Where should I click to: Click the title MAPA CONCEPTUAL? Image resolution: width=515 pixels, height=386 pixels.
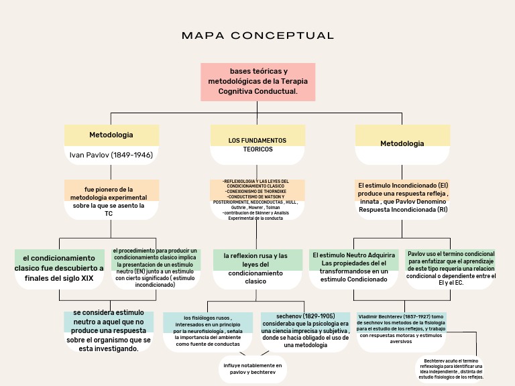click(257, 36)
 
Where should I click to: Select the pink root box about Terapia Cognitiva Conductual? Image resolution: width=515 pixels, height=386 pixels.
click(258, 81)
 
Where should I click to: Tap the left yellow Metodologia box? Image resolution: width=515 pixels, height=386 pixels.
click(111, 135)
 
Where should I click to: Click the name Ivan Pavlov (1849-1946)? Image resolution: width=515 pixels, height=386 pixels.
click(111, 155)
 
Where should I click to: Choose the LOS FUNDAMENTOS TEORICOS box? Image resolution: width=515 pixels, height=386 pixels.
click(257, 145)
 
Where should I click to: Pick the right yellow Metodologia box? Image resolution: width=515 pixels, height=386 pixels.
click(402, 143)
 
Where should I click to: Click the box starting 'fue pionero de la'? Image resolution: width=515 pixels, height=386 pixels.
click(111, 199)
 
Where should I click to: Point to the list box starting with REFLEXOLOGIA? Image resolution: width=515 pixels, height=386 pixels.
click(257, 199)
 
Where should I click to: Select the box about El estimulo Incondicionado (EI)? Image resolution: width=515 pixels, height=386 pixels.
click(402, 198)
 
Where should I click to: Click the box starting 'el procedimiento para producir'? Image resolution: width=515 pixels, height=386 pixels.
click(155, 267)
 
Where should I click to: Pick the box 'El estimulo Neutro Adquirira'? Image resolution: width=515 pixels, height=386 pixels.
click(353, 267)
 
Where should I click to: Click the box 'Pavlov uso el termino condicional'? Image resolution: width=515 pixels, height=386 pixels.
click(451, 268)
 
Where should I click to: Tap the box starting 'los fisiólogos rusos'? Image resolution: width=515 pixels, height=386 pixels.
click(208, 330)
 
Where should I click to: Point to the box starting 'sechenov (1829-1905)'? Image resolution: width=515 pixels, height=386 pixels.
click(306, 330)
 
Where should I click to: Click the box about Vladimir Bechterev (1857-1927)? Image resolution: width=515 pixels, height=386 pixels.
click(401, 328)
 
